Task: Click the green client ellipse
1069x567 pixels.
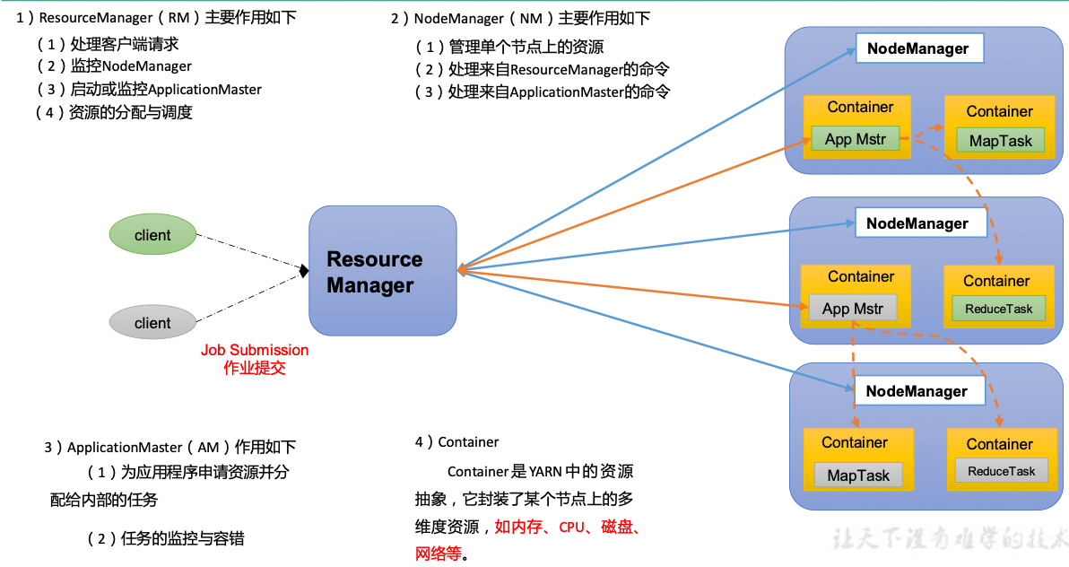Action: (152, 235)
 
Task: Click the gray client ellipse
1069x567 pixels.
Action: (152, 323)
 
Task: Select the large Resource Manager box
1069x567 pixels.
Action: (382, 271)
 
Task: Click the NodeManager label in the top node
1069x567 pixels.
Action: (917, 48)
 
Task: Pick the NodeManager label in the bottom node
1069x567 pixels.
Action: (917, 391)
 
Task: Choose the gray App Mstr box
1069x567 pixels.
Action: (852, 309)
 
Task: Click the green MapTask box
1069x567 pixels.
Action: (1000, 141)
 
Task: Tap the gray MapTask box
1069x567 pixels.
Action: (858, 475)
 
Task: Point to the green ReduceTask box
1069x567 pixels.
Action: (998, 309)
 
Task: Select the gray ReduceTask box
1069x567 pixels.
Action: (1001, 471)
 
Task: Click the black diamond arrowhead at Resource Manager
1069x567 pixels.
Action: (304, 270)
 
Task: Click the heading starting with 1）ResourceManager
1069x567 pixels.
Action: (156, 18)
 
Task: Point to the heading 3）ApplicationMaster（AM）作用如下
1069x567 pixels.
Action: (169, 447)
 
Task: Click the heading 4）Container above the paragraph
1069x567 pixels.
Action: (456, 441)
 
